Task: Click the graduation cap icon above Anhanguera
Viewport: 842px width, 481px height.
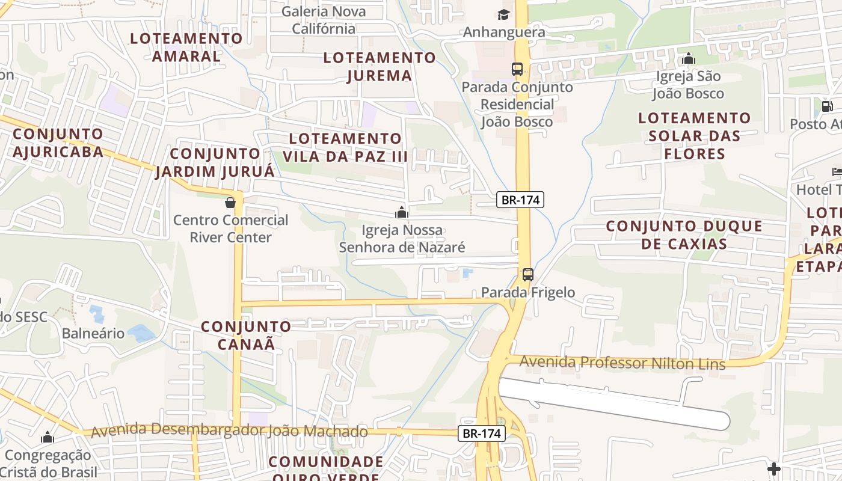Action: pos(503,14)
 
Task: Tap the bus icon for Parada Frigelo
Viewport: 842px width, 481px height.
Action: pos(527,275)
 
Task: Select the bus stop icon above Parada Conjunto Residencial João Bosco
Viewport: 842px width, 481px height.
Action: pos(517,69)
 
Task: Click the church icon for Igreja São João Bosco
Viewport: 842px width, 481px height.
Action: pos(689,59)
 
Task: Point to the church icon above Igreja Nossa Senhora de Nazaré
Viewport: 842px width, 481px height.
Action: pos(402,212)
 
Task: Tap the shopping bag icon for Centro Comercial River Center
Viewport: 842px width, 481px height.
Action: pos(230,203)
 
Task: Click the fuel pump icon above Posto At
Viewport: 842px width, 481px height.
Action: pos(828,106)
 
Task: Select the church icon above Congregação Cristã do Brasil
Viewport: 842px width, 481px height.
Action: pos(48,437)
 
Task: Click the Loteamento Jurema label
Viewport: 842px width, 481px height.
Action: pos(380,66)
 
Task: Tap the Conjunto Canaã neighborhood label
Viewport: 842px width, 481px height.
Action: pos(245,335)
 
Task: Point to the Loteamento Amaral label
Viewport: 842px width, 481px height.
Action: pos(186,47)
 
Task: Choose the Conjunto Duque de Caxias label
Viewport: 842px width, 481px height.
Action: pos(684,234)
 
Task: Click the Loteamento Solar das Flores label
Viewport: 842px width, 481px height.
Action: pos(695,135)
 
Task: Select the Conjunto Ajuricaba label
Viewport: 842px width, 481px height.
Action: pos(58,142)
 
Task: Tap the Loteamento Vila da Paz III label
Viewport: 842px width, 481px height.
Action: pos(345,147)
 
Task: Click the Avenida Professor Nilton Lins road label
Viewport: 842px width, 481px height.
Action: pos(622,363)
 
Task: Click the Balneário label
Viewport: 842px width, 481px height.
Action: pos(93,333)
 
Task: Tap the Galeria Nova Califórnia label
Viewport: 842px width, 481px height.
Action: pos(324,20)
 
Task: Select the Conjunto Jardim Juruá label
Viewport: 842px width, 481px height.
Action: pos(215,162)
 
